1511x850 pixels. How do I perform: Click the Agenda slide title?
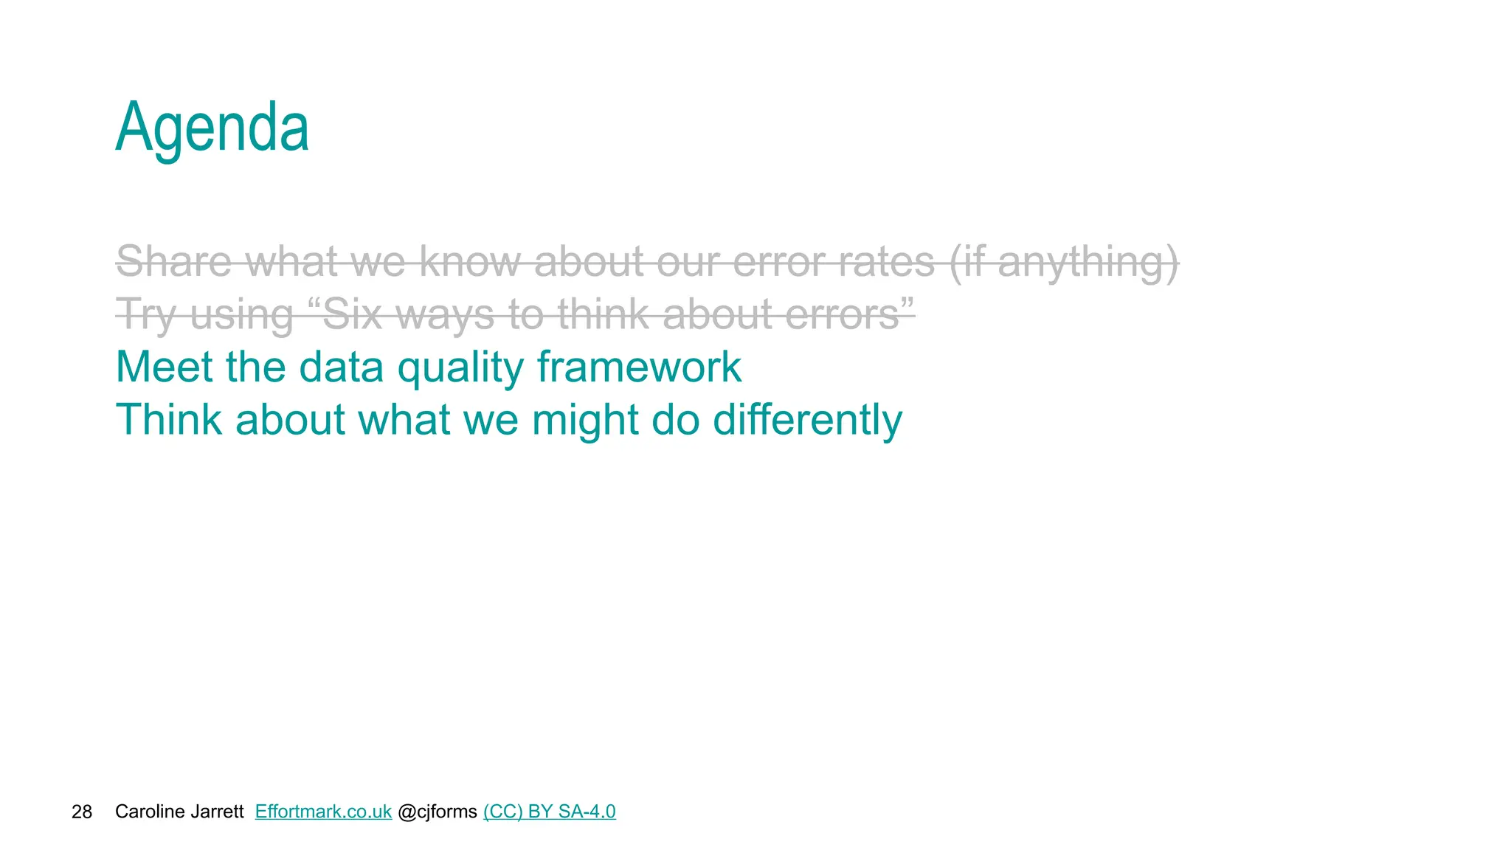(212, 128)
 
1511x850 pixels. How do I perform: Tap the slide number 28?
(82, 812)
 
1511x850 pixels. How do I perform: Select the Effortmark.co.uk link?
(323, 812)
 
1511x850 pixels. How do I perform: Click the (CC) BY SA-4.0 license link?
(549, 812)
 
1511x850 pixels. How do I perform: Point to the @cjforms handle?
(438, 812)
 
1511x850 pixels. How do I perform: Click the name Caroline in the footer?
(145, 812)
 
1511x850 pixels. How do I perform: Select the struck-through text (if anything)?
(1063, 263)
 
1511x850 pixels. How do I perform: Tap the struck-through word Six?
(353, 314)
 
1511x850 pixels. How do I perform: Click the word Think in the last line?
(169, 420)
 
